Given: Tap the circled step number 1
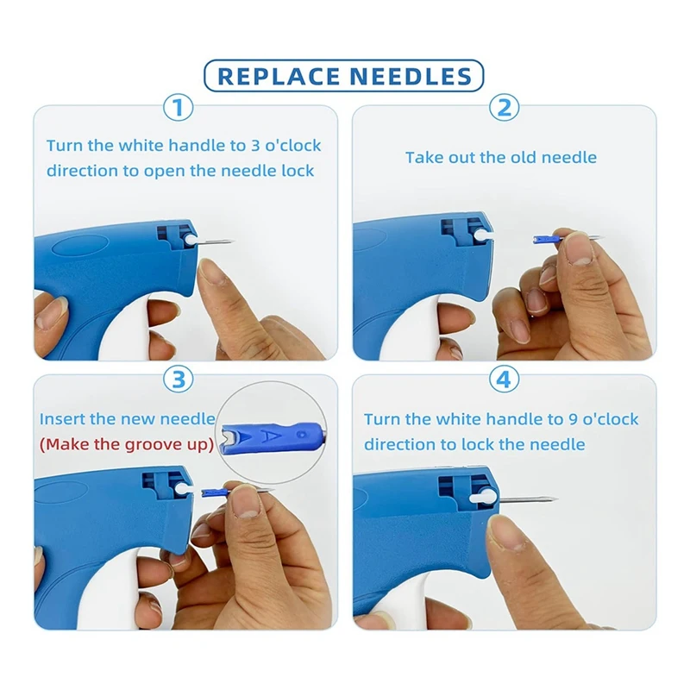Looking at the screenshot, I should click(x=179, y=108).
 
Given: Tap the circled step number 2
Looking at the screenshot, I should click(x=505, y=108).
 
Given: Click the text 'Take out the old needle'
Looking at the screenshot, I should click(x=501, y=157).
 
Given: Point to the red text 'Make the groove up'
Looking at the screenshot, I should click(x=128, y=445).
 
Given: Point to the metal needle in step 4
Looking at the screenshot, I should click(x=526, y=499).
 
